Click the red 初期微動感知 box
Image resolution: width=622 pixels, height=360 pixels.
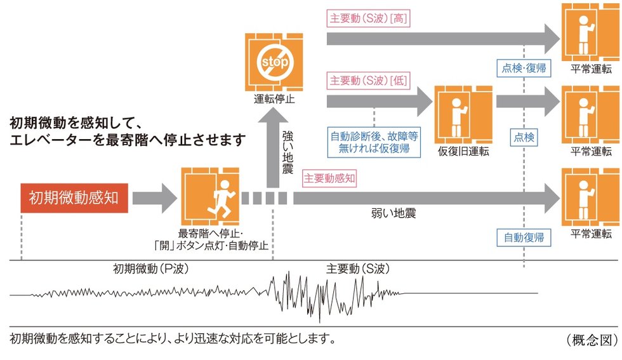pyautogui.click(x=74, y=199)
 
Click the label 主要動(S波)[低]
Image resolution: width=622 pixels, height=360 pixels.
pyautogui.click(x=369, y=81)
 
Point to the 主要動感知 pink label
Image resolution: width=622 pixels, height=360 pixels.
pyautogui.click(x=330, y=180)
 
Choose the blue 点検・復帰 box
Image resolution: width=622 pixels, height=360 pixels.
pyautogui.click(x=524, y=68)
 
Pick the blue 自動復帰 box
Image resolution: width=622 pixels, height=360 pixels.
pyautogui.click(x=524, y=238)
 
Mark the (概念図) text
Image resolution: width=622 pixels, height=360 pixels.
pyautogui.click(x=591, y=339)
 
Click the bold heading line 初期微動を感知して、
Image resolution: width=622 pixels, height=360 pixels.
pyautogui.click(x=79, y=121)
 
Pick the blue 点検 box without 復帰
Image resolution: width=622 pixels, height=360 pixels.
pyautogui.click(x=524, y=137)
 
